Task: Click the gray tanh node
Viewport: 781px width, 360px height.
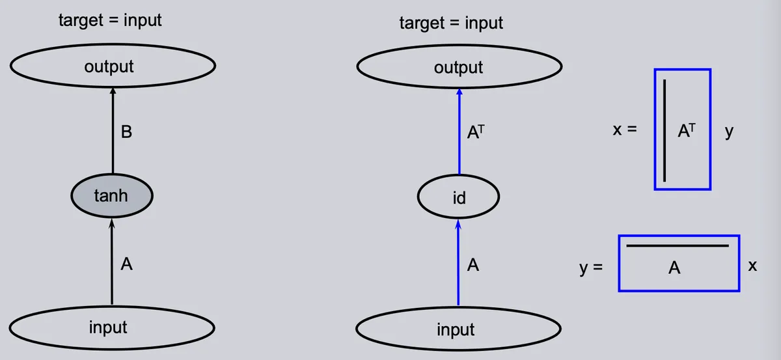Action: (x=112, y=196)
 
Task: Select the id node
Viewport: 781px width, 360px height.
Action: (x=458, y=197)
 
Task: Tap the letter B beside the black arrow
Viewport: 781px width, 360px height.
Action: (x=126, y=132)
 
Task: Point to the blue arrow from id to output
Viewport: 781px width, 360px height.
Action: (x=459, y=132)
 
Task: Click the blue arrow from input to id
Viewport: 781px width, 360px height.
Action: (x=458, y=262)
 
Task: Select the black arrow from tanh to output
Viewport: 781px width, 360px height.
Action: (x=113, y=130)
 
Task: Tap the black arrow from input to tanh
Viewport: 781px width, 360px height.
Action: (x=111, y=262)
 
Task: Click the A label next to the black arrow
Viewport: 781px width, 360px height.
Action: (x=126, y=264)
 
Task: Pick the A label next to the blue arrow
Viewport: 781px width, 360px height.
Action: (x=473, y=265)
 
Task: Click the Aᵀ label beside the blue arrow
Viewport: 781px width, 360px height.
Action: (x=476, y=132)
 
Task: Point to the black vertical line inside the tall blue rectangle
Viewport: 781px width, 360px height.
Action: (x=665, y=130)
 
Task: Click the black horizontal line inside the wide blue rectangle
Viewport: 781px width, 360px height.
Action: (x=678, y=246)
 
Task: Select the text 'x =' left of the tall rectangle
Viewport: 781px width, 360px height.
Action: (x=625, y=130)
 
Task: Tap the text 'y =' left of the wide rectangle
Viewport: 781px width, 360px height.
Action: (x=591, y=268)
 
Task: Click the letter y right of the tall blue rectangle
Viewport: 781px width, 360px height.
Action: (x=729, y=132)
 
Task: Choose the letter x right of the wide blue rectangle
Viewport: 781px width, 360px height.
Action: (x=752, y=266)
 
